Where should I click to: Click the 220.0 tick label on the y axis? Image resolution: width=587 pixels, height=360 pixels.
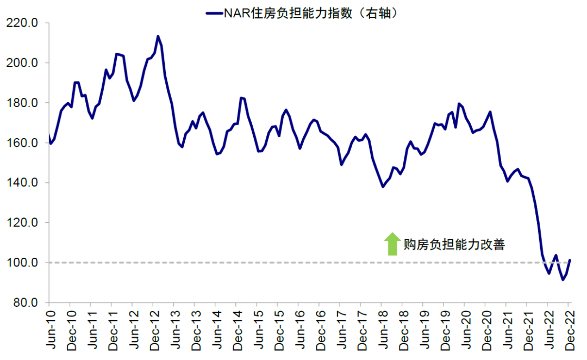click(22, 23)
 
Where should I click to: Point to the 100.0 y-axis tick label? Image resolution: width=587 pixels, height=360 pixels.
click(22, 263)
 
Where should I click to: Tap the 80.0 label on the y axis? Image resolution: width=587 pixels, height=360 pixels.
click(24, 303)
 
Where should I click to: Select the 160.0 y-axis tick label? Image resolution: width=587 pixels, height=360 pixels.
click(22, 143)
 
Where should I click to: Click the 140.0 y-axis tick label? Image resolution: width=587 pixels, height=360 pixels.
click(22, 183)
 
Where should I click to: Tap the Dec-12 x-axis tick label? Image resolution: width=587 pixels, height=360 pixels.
click(153, 328)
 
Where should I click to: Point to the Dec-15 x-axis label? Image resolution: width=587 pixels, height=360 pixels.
click(278, 328)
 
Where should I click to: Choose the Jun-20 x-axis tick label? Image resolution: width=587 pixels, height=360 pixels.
click(465, 328)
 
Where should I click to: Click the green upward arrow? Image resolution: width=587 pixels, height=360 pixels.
click(391, 244)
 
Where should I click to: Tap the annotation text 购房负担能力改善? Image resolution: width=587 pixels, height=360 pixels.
click(455, 245)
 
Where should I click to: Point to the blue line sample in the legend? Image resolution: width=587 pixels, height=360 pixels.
click(214, 12)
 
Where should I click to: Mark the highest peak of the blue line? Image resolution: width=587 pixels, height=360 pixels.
click(158, 36)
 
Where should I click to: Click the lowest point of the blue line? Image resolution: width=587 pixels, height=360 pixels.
click(563, 280)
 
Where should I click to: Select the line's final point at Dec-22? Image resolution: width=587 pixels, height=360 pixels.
click(570, 260)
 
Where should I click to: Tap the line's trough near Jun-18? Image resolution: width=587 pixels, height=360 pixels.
click(383, 187)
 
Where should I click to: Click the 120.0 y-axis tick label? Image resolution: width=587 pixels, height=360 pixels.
click(22, 223)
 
